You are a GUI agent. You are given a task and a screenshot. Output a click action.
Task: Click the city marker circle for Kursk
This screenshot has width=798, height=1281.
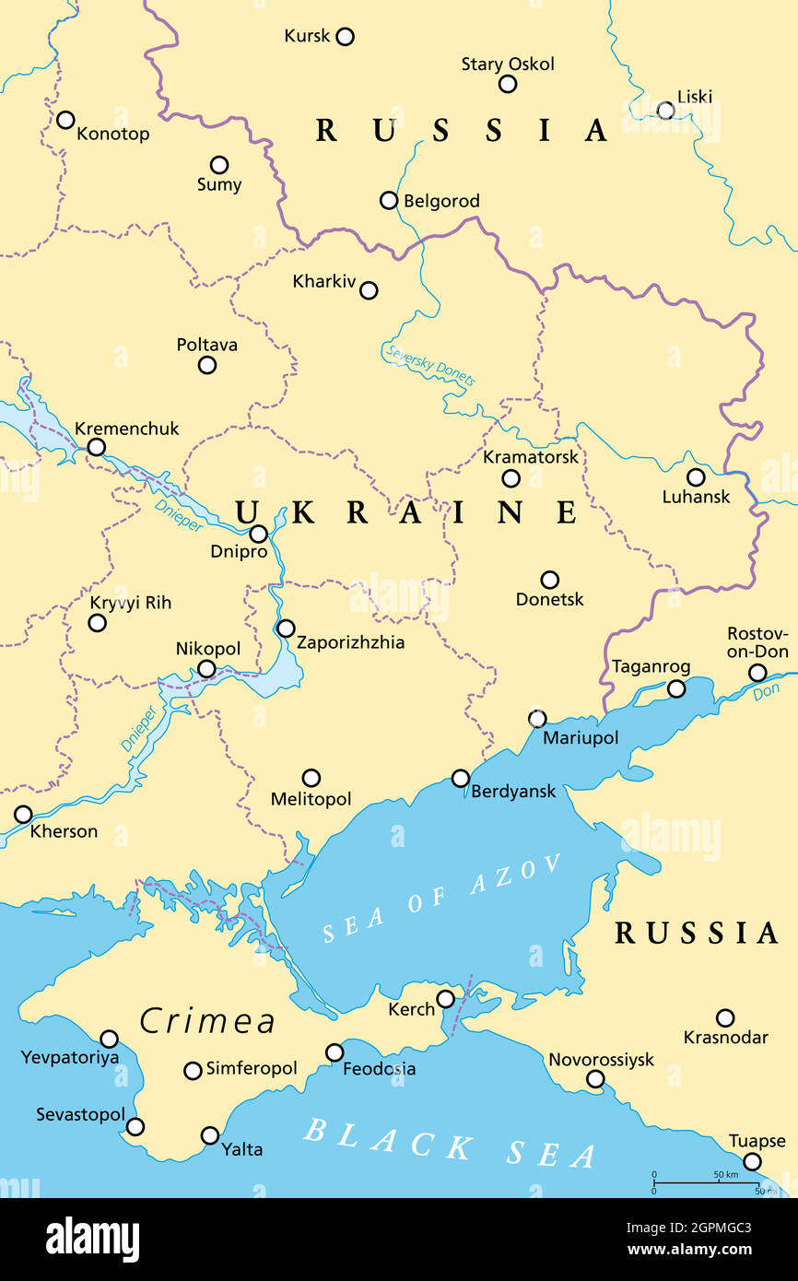345,37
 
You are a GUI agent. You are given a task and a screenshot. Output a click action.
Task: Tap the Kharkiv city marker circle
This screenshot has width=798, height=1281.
369,290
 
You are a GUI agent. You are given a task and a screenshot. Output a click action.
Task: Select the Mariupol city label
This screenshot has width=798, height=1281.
581,738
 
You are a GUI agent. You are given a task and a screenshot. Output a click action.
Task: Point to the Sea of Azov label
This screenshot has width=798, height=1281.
442,898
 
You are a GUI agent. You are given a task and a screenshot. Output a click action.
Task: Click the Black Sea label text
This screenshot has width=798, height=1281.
451,1143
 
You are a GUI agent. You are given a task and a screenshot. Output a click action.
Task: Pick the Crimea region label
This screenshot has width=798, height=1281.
207,1021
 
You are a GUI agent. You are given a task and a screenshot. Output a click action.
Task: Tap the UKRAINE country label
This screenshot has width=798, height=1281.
406,511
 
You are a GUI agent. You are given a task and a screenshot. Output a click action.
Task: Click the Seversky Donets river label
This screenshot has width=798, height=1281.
429,366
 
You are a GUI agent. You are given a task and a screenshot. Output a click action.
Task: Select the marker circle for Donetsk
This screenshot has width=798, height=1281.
549,580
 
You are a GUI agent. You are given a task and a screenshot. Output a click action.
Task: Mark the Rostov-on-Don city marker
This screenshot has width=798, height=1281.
757,673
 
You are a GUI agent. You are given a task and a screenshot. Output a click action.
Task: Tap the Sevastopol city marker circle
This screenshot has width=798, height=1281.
135,1126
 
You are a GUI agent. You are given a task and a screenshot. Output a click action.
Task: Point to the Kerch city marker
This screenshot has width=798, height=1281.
445,999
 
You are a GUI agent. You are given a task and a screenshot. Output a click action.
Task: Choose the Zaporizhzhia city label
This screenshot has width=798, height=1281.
351,642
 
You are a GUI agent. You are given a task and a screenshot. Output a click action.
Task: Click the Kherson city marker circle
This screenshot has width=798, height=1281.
23,815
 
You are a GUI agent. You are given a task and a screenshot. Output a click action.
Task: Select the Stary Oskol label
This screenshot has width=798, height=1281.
508,64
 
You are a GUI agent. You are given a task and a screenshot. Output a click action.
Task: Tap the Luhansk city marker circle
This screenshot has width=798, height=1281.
696,477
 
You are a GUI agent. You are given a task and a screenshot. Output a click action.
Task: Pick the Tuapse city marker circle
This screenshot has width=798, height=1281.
752,1161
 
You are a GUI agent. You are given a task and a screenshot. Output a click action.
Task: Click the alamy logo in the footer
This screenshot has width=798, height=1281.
92,1240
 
